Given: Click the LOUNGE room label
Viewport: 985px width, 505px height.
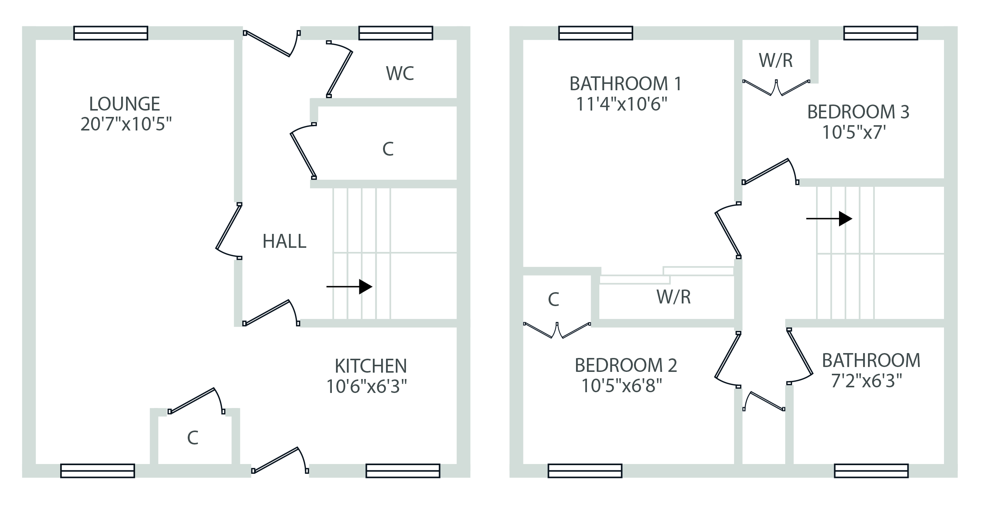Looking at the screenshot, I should point(124,104).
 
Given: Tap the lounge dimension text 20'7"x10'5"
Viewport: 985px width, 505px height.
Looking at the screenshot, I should point(126,124).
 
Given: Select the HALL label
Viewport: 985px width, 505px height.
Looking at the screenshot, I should point(284,241).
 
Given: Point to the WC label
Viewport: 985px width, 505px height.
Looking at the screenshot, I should point(400,73).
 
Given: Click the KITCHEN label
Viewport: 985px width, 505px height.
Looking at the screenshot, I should point(371,366).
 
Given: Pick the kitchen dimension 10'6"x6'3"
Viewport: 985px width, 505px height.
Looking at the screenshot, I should point(366,387).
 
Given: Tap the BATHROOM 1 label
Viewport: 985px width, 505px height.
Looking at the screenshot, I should point(626,84).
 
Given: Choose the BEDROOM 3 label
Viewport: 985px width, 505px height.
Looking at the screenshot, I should point(858,112).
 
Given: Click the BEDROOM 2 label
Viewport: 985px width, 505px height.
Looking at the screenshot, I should point(626,365).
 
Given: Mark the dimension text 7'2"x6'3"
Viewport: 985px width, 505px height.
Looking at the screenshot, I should point(866,381).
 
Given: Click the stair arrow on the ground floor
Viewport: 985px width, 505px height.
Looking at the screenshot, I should point(349,287).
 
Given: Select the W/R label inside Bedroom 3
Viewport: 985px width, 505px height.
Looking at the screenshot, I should point(775,61).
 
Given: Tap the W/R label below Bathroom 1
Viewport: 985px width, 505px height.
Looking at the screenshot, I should point(673,297).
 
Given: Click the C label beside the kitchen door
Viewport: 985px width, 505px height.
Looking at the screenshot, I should point(193,438).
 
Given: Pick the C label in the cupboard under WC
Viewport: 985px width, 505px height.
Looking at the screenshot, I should point(388,149).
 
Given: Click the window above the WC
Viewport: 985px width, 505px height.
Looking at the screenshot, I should point(395,33).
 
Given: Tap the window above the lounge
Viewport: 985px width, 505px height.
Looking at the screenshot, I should point(111,33).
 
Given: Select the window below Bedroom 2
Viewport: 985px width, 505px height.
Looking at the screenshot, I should point(585,471).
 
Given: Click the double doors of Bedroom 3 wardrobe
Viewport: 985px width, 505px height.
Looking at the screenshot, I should point(776,88).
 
